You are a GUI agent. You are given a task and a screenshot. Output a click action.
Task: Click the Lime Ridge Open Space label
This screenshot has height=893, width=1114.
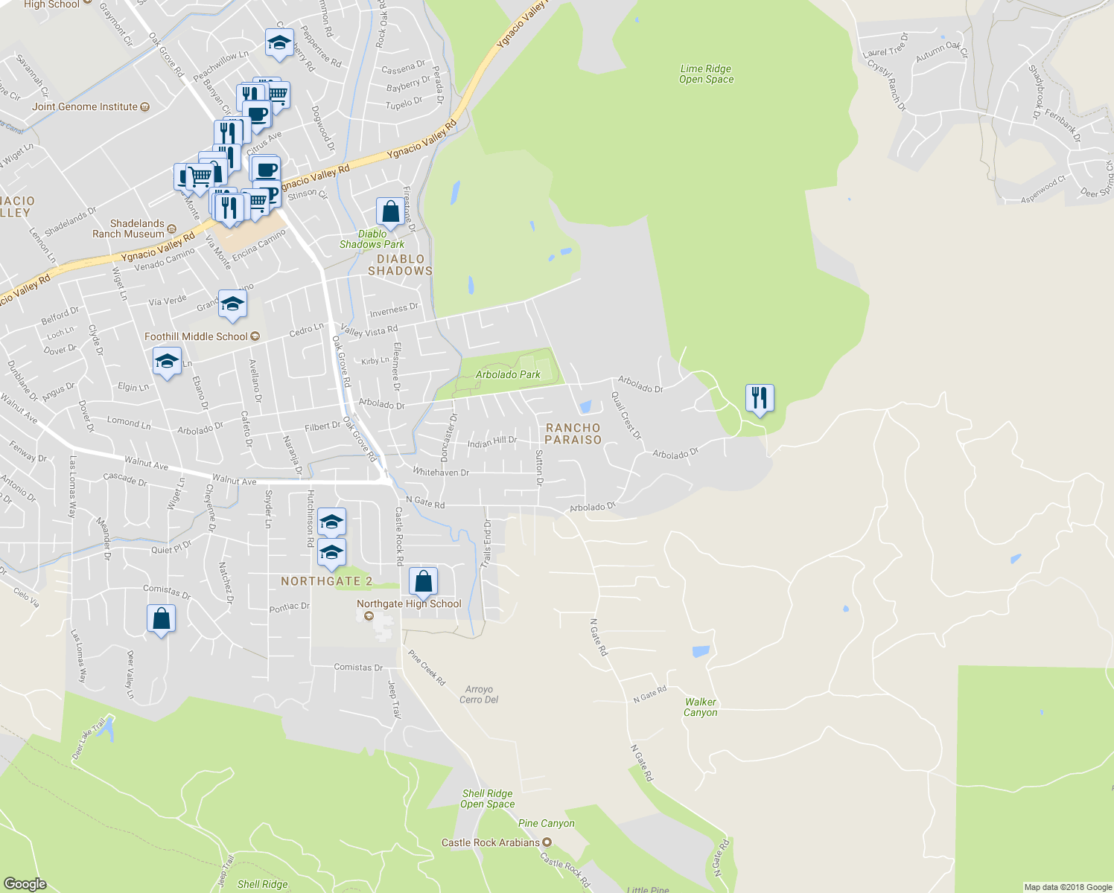point(706,74)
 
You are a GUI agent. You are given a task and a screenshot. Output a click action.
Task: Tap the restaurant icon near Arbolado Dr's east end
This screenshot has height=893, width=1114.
point(759,399)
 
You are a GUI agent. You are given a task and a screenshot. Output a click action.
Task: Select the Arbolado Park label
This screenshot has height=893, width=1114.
point(508,374)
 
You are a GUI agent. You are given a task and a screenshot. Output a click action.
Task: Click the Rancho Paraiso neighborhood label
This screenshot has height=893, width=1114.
point(573,434)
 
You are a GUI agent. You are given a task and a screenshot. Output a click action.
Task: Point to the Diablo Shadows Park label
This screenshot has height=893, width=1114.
point(372,239)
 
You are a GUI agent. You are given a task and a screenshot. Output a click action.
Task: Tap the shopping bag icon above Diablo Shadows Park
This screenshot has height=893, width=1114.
point(389,212)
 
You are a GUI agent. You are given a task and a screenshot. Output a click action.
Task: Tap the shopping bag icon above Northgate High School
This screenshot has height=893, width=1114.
point(423,581)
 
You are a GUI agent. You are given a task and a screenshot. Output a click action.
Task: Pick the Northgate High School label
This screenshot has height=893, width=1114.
point(409,604)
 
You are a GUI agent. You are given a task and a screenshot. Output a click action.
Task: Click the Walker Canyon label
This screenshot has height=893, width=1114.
point(701,707)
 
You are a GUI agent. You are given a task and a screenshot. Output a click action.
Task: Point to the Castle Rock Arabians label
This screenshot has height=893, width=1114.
point(491,842)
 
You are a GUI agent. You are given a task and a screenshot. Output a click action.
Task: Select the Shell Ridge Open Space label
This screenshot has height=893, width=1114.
point(487,798)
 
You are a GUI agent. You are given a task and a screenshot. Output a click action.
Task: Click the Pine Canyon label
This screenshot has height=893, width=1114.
point(546,823)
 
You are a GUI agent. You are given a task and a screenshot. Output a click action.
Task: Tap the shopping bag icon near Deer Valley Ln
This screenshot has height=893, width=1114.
point(161,619)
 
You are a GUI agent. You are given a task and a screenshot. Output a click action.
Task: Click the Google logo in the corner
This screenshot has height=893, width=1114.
point(25,883)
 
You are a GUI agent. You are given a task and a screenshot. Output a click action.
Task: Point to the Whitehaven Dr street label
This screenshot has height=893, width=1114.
point(441,473)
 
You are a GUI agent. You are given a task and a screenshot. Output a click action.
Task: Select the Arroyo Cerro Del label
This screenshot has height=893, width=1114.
point(479,694)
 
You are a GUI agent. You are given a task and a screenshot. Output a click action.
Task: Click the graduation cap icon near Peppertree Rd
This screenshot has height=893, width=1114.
point(279,43)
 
